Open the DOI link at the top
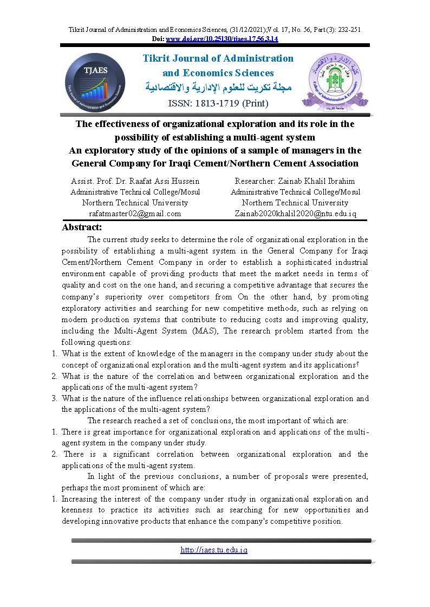(x=221, y=39)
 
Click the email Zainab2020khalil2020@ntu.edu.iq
(x=295, y=214)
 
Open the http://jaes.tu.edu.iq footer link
(x=213, y=550)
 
